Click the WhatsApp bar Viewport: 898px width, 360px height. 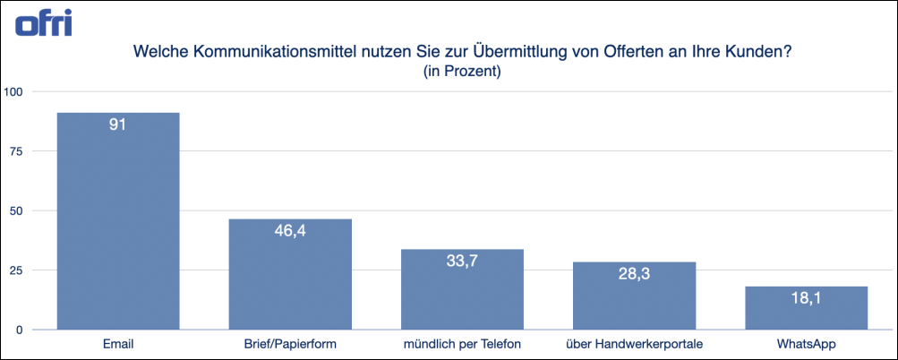coord(806,308)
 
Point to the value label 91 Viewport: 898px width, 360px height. coord(118,125)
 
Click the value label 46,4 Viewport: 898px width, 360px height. coord(290,232)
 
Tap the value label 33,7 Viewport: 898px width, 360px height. coord(462,262)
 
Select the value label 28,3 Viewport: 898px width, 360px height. coord(634,275)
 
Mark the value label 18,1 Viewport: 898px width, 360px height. coord(806,299)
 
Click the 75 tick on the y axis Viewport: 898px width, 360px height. coord(17,151)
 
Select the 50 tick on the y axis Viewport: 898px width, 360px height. coord(17,210)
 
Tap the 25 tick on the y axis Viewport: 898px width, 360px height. coord(17,270)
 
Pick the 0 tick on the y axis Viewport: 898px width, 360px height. coord(21,330)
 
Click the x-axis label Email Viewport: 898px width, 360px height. coord(118,344)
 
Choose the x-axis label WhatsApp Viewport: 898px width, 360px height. coord(806,344)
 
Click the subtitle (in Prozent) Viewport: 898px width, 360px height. coord(461,72)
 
